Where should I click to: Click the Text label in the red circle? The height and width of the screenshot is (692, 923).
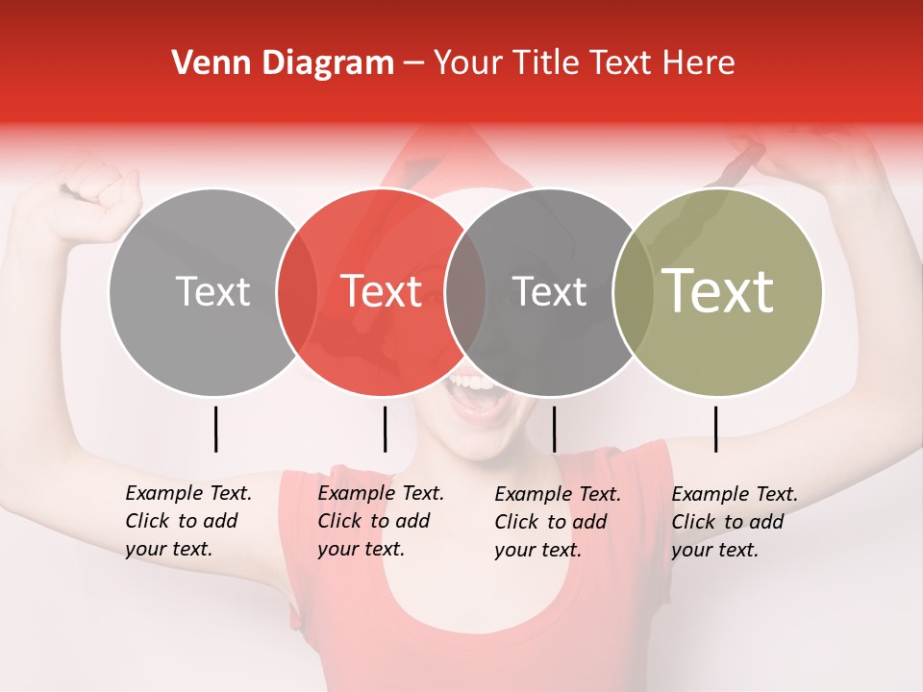pyautogui.click(x=382, y=291)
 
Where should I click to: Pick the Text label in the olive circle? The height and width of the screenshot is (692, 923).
pyautogui.click(x=717, y=291)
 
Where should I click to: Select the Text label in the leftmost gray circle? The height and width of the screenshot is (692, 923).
pyautogui.click(x=212, y=291)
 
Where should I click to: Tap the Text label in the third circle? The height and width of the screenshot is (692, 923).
pyautogui.click(x=549, y=291)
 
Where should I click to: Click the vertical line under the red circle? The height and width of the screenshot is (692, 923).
pyautogui.click(x=385, y=429)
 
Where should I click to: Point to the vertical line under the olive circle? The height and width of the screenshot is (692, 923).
pyautogui.click(x=715, y=429)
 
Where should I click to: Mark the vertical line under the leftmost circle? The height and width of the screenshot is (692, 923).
pyautogui.click(x=215, y=429)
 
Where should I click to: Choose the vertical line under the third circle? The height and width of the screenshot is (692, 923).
pyautogui.click(x=554, y=429)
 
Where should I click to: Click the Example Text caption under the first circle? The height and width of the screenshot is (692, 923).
pyautogui.click(x=187, y=521)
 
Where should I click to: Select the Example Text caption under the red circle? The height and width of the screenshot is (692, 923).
pyautogui.click(x=380, y=521)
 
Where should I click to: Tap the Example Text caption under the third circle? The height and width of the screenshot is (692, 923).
pyautogui.click(x=557, y=522)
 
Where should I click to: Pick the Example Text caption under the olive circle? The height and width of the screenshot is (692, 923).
pyautogui.click(x=734, y=522)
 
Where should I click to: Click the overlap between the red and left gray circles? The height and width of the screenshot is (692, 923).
pyautogui.click(x=296, y=292)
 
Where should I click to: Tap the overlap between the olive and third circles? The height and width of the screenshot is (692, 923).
pyautogui.click(x=633, y=292)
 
